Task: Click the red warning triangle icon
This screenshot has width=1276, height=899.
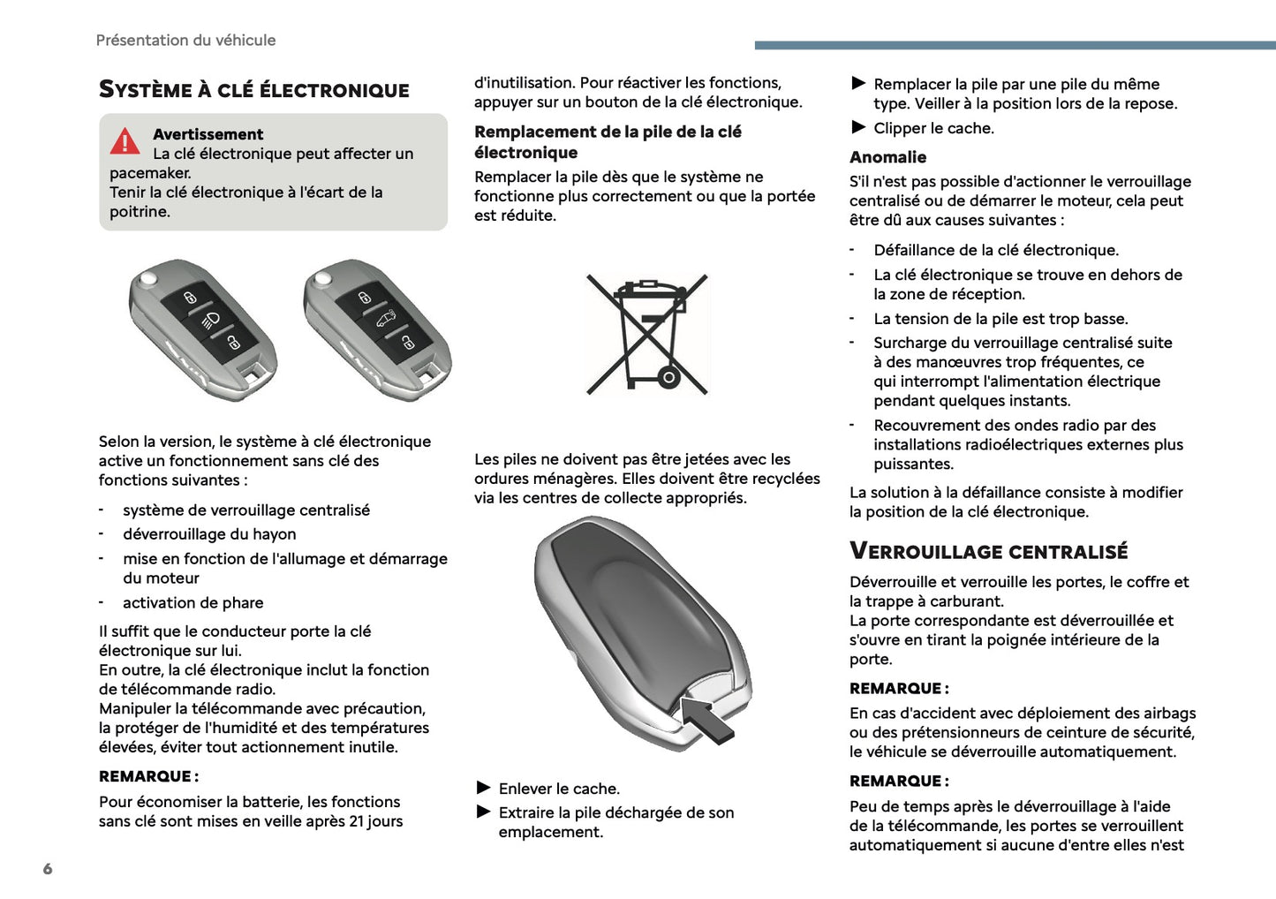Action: coord(125,141)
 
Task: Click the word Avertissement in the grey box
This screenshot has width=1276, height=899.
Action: coord(208,134)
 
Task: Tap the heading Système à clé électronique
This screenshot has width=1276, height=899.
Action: coord(253,90)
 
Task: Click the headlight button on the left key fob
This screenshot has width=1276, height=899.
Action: coord(210,319)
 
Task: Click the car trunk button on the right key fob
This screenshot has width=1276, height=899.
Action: coord(385,318)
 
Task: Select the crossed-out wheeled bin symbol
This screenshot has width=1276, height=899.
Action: coord(647,335)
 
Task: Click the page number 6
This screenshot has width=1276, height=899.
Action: coord(48,869)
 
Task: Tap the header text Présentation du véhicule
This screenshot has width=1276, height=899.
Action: coord(185,40)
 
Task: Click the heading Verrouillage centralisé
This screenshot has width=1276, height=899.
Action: coord(988,552)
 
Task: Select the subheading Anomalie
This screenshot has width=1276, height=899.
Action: coord(887,157)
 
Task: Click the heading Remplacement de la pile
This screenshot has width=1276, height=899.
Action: coord(608,142)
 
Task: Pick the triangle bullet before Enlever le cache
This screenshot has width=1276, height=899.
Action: coord(483,788)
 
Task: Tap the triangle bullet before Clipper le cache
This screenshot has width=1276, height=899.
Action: coord(858,127)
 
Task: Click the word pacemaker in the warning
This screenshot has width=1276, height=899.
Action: coord(150,173)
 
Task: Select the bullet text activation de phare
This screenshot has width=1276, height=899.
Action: coord(193,603)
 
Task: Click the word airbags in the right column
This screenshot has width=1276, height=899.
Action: coord(1168,713)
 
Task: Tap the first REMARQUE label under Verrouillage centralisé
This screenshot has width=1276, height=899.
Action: coord(898,689)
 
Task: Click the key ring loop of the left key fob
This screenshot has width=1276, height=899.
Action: coord(256,373)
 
